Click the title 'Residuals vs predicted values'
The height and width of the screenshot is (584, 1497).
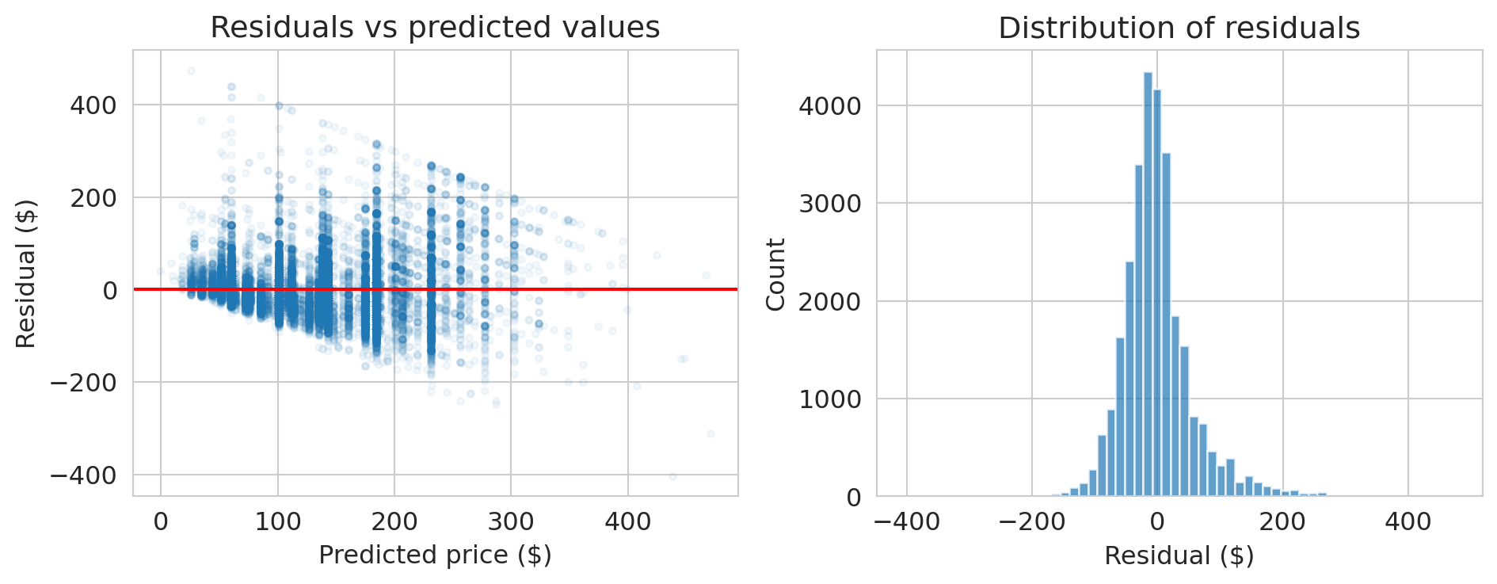tap(435, 28)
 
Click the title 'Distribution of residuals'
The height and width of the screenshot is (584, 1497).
tap(1179, 29)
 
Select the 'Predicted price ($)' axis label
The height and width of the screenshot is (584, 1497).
tap(435, 555)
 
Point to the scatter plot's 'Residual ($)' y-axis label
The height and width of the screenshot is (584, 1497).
tap(26, 273)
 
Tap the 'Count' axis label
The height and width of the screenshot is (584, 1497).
tap(776, 274)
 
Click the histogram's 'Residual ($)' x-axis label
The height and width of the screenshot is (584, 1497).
tap(1179, 555)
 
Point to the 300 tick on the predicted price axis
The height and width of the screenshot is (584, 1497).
tap(511, 521)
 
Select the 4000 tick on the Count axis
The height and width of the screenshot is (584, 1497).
tap(829, 105)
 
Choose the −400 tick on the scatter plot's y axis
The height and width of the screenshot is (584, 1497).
tap(83, 475)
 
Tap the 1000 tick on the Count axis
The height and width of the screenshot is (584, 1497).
tap(829, 399)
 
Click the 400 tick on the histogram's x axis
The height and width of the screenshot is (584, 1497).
tap(1408, 521)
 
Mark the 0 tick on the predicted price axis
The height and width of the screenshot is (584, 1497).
tap(161, 521)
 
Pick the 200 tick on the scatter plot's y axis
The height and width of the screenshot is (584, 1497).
tap(93, 197)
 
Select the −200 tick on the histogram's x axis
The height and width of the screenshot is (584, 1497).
tap(1031, 521)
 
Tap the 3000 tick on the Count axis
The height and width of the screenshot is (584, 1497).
tap(829, 204)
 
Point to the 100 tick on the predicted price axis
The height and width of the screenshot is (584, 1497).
tap(277, 521)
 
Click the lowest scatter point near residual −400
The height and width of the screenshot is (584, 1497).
tap(672, 476)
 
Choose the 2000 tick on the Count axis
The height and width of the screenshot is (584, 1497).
tap(829, 301)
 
